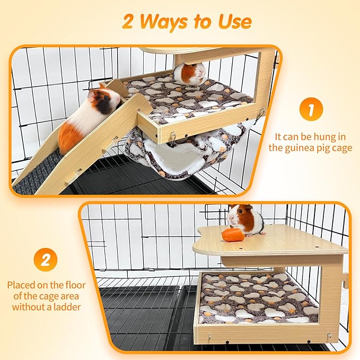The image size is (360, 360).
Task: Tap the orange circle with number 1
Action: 311,110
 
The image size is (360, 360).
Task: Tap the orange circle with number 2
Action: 46,260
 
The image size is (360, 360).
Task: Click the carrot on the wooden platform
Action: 233,235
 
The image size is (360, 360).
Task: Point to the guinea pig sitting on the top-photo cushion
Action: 190,74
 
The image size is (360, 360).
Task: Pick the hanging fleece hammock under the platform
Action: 175,156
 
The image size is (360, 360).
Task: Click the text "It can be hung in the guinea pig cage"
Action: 310,142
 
